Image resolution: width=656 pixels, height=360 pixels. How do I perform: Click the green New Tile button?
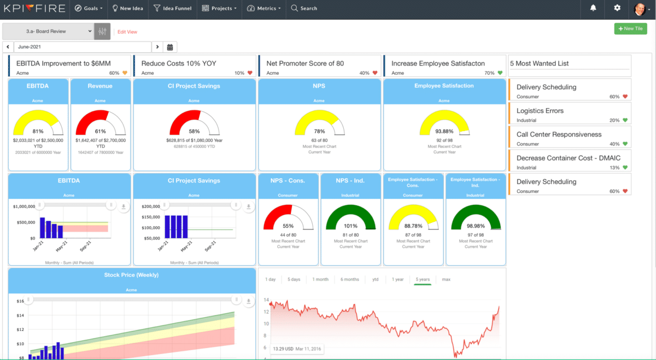pos(630,28)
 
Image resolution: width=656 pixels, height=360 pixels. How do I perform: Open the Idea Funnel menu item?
pos(172,8)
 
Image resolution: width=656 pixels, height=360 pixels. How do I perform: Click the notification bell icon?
pos(593,8)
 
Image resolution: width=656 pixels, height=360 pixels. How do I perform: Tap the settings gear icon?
pos(617,8)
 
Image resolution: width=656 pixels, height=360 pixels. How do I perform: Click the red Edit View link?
pos(127,32)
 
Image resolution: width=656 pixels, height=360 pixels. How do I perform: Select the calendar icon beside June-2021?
pos(170,48)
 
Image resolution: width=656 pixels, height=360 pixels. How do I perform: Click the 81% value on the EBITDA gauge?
pos(38,131)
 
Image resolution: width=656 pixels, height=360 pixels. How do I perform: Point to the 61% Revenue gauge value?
pos(101,131)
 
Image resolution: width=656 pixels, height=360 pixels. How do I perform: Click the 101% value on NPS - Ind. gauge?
pos(350,226)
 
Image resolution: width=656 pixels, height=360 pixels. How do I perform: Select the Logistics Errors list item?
pos(540,111)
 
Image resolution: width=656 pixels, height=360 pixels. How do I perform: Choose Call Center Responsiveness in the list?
pos(559,134)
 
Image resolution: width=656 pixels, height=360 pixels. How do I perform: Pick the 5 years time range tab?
pos(423,279)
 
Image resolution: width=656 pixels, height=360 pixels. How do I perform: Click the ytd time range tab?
pos(375,279)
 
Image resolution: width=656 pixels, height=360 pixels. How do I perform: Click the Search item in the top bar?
pos(304,8)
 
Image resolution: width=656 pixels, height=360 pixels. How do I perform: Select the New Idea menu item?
pos(128,8)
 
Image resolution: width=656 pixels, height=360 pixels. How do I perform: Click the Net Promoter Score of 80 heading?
pos(305,63)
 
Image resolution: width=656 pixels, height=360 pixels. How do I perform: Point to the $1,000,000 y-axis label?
pos(24,206)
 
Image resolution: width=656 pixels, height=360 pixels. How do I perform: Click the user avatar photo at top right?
pos(640,9)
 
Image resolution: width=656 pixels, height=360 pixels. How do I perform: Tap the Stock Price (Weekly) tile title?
pos(131,275)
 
